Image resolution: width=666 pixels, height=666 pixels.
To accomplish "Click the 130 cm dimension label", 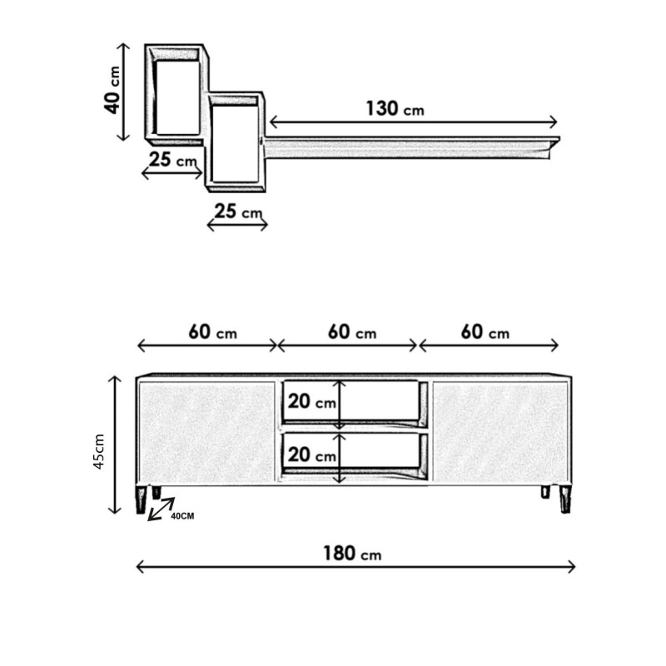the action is click(x=395, y=109).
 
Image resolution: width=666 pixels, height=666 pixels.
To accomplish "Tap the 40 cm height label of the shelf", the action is click(x=112, y=90).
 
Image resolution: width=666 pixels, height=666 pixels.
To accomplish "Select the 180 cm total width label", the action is click(x=352, y=554).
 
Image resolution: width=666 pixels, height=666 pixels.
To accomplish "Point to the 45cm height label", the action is click(x=99, y=451).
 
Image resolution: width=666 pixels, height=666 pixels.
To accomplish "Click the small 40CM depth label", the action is click(x=182, y=516).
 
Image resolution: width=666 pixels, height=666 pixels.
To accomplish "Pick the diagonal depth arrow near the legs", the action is click(x=161, y=509).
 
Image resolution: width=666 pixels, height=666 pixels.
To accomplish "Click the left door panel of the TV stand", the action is click(x=206, y=432).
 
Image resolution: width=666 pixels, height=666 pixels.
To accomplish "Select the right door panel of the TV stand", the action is click(x=500, y=432).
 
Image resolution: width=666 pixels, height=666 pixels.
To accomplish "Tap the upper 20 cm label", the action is click(x=311, y=401).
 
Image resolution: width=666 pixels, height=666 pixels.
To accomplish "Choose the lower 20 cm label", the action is click(x=311, y=455).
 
